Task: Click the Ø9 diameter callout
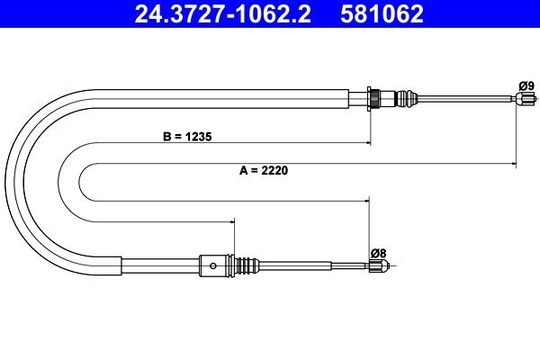click(526, 85)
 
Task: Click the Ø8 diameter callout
click(379, 253)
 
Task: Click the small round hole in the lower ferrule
click(211, 265)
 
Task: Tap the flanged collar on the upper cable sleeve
click(372, 97)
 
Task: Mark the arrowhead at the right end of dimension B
click(367, 142)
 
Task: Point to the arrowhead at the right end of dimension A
click(513, 164)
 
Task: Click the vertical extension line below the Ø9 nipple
click(516, 135)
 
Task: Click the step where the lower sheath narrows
click(121, 265)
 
